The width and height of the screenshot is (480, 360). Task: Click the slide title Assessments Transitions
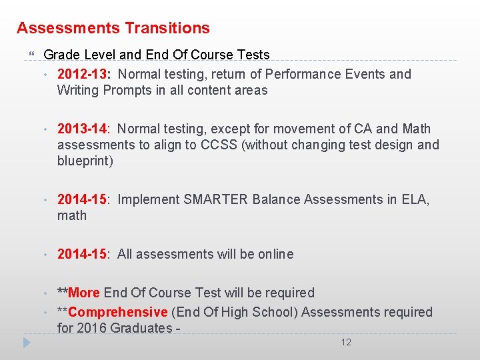113,28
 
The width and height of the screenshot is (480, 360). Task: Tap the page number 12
346,342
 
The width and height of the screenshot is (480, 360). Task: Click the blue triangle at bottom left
27,343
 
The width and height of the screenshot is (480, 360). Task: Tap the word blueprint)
85,161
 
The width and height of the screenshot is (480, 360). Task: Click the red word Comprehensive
117,312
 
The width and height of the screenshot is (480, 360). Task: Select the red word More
84,293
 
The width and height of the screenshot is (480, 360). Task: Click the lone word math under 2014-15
72,215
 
